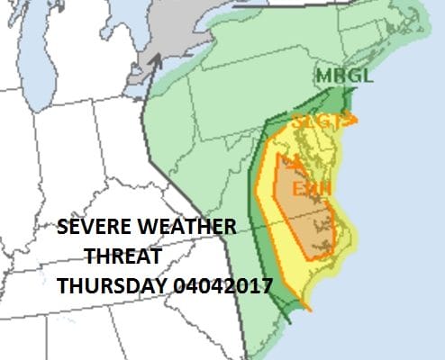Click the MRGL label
(x=343, y=76)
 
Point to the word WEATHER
(x=186, y=227)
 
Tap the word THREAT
(x=123, y=256)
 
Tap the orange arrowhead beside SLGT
(x=353, y=119)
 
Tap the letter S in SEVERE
(x=62, y=227)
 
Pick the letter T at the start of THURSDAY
(x=61, y=286)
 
